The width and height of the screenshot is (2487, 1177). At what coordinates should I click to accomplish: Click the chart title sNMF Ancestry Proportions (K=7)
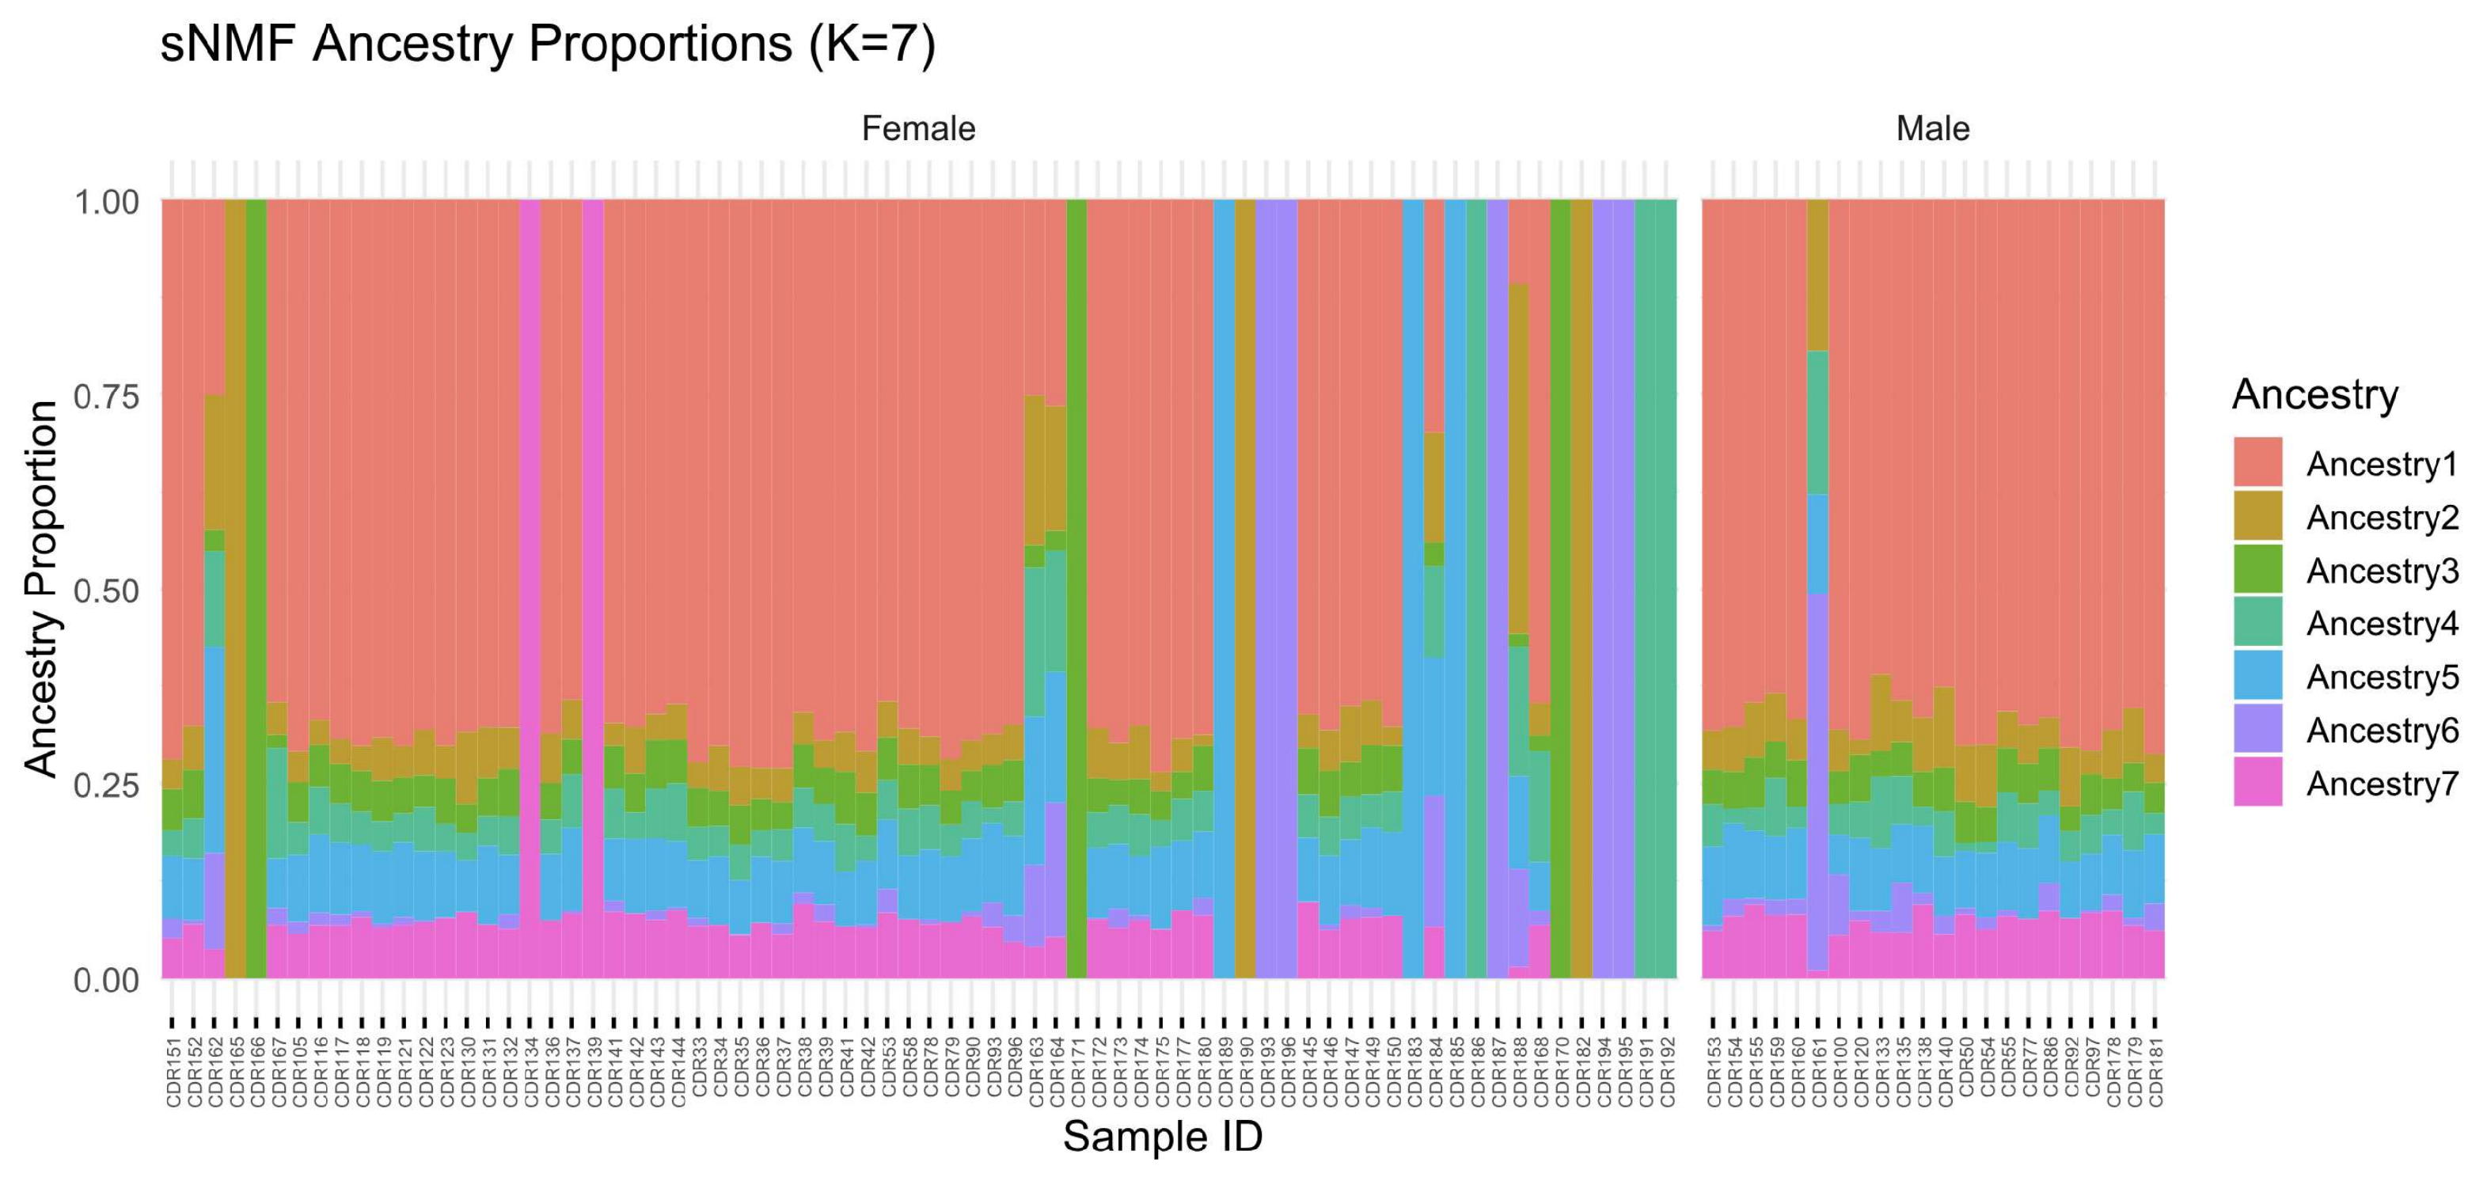(548, 44)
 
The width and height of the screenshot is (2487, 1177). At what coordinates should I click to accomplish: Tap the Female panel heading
(917, 128)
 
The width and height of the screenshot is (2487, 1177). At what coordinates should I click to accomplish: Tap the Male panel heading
(1932, 128)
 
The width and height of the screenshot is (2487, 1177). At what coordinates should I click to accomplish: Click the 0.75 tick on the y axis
(106, 397)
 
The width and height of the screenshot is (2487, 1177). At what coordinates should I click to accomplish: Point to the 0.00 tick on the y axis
(106, 980)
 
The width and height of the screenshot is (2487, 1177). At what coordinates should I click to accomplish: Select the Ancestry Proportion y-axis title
(40, 589)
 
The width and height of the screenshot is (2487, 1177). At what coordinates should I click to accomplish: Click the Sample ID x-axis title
(1163, 1137)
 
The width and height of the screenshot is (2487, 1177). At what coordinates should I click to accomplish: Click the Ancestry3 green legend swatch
(2257, 570)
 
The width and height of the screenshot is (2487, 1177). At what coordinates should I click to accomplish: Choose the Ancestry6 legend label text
(2382, 730)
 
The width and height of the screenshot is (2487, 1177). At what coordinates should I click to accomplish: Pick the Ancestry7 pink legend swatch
(2257, 782)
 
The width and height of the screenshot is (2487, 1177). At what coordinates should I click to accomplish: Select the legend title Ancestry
(2314, 395)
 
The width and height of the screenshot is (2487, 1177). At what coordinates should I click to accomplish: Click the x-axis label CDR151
(174, 1072)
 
